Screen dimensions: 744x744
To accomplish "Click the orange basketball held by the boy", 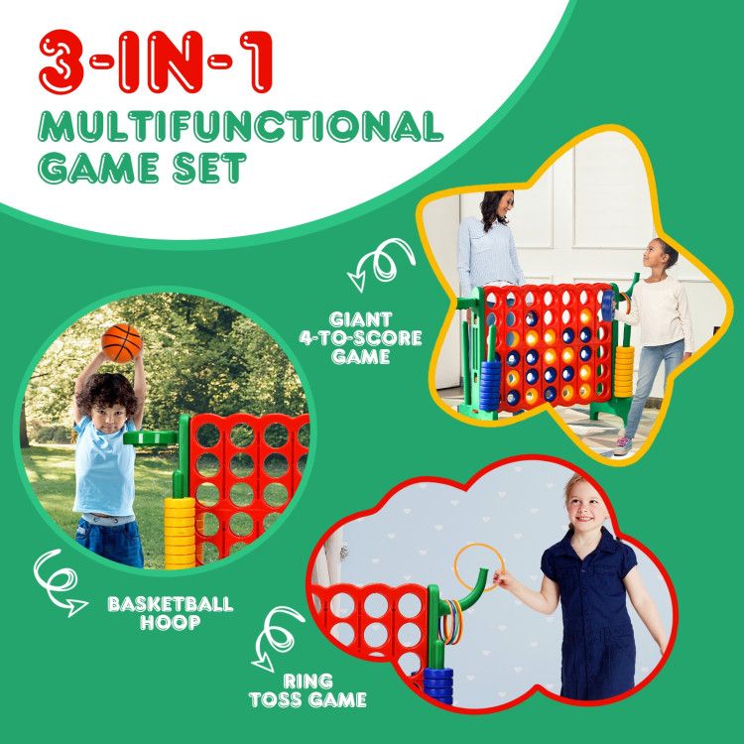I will click(x=122, y=342).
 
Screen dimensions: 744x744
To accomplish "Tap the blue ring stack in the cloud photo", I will click(x=437, y=685).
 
